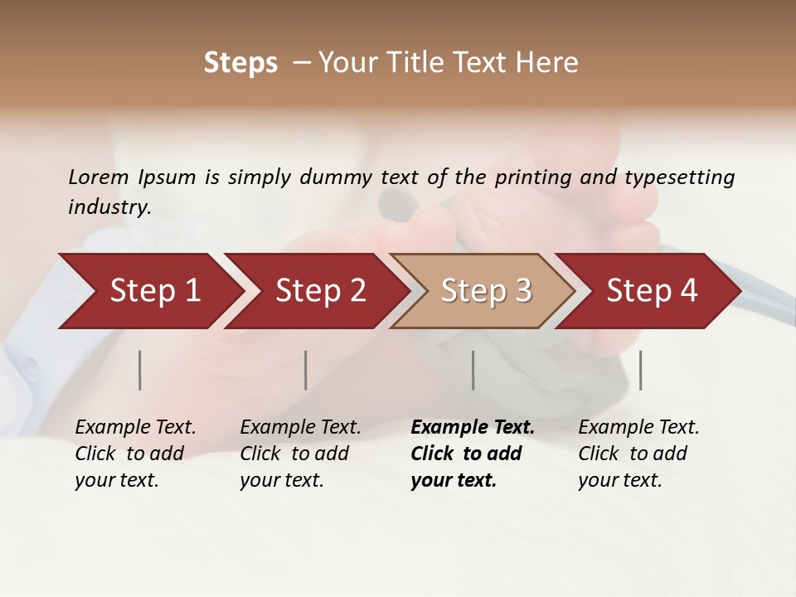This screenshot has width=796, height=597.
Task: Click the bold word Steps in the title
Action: click(x=240, y=63)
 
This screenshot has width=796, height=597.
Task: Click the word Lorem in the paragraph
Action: click(x=99, y=177)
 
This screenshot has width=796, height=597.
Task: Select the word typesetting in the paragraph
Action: click(x=679, y=177)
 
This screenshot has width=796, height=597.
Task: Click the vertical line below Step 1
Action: click(x=140, y=370)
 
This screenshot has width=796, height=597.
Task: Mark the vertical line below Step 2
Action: click(x=306, y=370)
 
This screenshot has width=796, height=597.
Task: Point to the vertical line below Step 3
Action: click(x=473, y=370)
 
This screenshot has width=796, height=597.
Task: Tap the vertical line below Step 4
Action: click(x=640, y=370)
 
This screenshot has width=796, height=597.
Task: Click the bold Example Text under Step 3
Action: click(x=473, y=428)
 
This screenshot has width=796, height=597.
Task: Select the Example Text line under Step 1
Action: click(x=135, y=428)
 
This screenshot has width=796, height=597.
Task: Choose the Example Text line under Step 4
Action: click(x=638, y=428)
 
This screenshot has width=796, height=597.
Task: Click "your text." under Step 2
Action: click(x=281, y=480)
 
